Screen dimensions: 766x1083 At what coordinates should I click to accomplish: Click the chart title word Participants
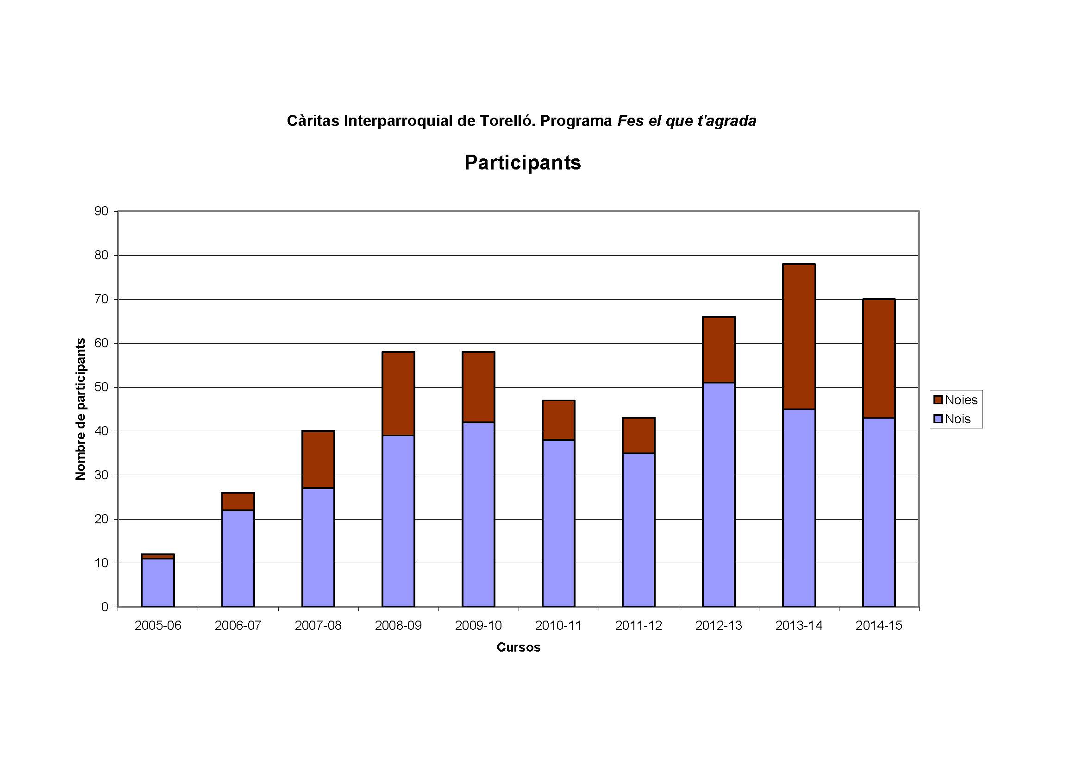pos(522,163)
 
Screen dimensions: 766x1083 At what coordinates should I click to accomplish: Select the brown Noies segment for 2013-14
pos(799,336)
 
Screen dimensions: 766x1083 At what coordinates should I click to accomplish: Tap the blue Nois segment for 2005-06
pos(158,583)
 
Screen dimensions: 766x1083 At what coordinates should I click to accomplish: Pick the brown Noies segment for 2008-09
pos(398,394)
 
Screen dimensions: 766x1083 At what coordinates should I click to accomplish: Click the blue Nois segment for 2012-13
pos(719,494)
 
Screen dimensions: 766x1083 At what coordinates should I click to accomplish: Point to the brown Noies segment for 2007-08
pos(318,459)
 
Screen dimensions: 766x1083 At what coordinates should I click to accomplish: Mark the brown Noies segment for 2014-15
pos(879,358)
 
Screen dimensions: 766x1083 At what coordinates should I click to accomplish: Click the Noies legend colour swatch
pos(938,400)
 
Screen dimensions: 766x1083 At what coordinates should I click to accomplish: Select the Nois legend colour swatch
pos(938,419)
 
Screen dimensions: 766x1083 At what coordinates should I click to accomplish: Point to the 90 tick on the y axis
pos(101,211)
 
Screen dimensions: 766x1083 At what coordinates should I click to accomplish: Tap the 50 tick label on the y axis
pos(101,387)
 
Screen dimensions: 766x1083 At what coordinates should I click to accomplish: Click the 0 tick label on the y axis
pos(105,607)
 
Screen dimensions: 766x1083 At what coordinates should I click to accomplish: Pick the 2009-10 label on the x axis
pos(478,626)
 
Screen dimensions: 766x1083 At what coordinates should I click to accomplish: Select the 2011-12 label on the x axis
pos(638,626)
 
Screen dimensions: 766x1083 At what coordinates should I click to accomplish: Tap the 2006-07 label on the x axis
pos(238,626)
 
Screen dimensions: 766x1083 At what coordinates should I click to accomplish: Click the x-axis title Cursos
pos(519,647)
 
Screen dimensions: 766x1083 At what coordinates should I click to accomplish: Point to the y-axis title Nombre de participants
pos(81,409)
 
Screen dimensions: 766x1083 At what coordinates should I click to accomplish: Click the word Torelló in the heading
pos(507,121)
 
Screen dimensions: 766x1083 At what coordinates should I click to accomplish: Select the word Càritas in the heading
pos(313,121)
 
